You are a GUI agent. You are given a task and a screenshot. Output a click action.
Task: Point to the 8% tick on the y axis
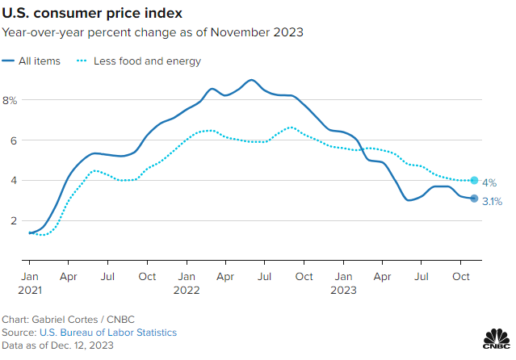[10, 100]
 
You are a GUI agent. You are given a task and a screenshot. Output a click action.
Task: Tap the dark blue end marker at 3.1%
[474, 199]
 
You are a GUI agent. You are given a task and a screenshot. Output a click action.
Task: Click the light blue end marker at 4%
[474, 181]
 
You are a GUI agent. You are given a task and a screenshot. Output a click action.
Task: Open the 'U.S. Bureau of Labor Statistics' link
[107, 332]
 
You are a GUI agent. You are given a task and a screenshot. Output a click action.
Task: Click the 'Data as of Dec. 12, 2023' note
[57, 345]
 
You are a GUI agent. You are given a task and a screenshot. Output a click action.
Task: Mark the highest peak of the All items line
[251, 80]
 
